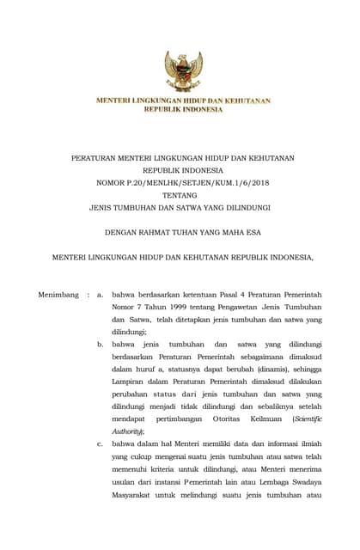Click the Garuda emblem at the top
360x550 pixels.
pos(183,70)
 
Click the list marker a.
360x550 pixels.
pos(101,295)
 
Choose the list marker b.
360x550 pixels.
pos(101,344)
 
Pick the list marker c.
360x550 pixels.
pos(101,443)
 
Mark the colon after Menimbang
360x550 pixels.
pos(87,295)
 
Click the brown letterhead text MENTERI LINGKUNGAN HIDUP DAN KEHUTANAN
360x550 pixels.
pos(182,101)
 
